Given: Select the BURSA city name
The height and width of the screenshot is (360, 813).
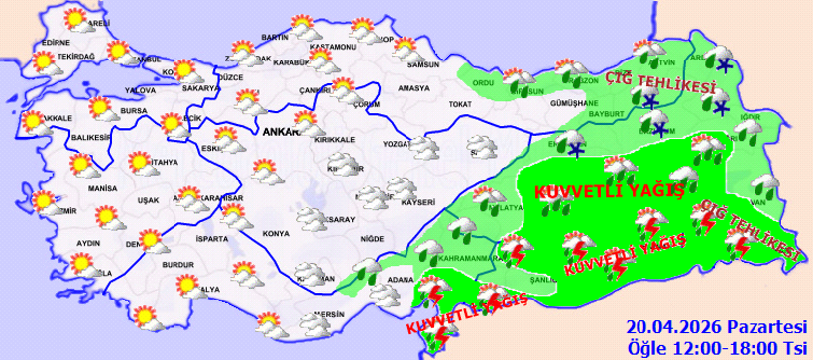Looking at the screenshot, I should click(x=133, y=110).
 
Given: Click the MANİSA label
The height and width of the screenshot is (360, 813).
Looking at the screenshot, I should click(x=102, y=187).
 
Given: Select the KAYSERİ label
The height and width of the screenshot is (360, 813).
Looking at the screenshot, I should click(x=419, y=202).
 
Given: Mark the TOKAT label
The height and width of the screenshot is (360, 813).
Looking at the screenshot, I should click(x=458, y=104).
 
